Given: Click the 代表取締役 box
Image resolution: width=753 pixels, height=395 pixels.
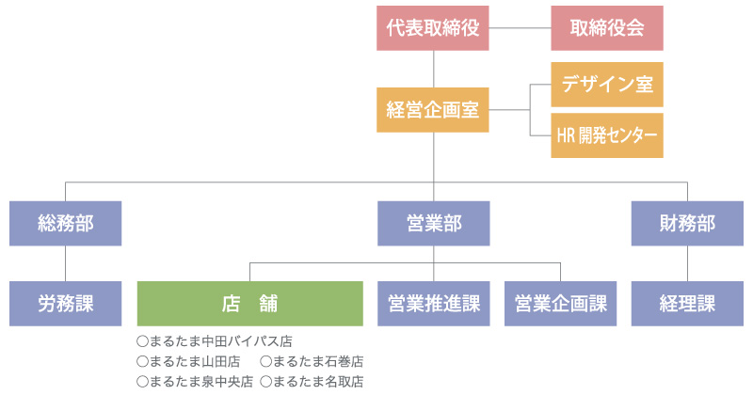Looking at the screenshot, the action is point(433,28).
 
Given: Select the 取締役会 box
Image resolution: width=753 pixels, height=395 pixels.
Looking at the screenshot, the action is point(607,28).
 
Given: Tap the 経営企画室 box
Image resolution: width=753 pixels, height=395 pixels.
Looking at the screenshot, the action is point(433,110).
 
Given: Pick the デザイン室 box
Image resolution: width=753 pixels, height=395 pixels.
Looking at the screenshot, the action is point(607,85).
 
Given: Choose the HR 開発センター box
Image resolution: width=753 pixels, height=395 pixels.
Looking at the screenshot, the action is point(607,135).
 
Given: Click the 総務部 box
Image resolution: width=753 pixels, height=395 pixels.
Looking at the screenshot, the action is point(65,224).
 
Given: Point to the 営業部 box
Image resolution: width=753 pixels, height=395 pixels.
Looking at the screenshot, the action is point(434,224).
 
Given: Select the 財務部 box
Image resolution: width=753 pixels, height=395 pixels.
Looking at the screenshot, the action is point(687,224).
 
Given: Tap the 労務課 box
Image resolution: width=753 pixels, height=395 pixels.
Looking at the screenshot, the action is point(65,304).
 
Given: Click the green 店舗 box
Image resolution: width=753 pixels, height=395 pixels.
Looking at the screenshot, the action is point(250,304).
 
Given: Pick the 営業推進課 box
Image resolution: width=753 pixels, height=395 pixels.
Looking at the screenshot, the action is point(434,304).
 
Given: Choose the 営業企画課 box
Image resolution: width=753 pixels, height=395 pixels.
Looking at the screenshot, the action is point(560,304).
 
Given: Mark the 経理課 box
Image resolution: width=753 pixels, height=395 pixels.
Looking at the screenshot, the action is point(687,304).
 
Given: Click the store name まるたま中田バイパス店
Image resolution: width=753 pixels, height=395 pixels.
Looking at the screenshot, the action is point(221,341).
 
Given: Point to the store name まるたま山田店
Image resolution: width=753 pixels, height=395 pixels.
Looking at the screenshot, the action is point(195,361).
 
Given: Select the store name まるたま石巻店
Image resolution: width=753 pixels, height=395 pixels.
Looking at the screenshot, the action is point(318,361).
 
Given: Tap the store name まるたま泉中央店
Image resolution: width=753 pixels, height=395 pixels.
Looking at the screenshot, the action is point(201,382).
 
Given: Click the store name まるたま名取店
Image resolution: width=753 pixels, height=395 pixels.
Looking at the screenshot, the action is point(318,382).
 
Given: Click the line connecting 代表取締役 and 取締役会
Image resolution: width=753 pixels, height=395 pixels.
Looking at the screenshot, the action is point(520,28).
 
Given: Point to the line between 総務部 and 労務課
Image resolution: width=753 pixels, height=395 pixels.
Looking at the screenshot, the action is point(65,263).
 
